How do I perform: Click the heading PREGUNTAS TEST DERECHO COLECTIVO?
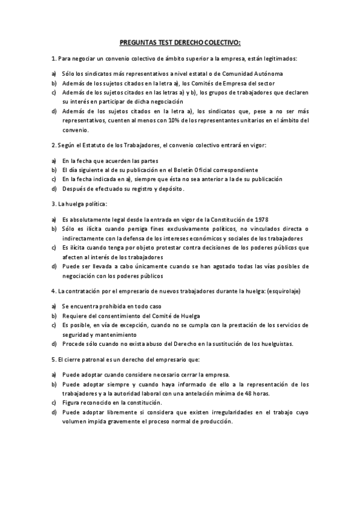180,43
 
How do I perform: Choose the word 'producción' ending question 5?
213,421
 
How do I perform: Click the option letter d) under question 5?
55,412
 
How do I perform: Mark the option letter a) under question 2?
55,161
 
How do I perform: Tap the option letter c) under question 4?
55,325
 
